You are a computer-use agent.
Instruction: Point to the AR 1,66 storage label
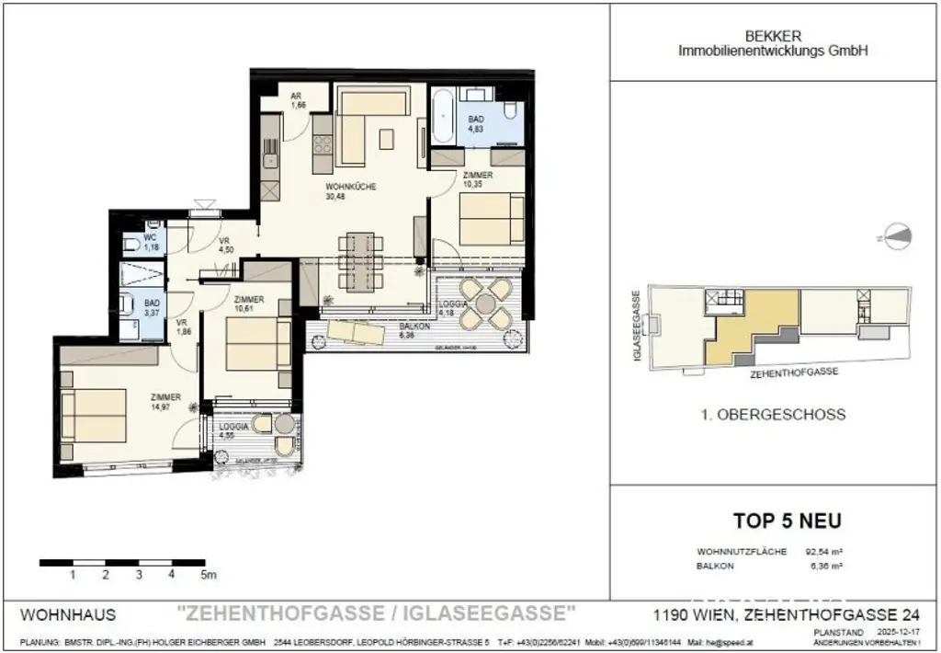298,100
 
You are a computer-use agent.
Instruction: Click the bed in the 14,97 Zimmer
91,415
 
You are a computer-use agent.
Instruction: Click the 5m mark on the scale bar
209,576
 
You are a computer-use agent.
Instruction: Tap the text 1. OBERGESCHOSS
772,415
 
